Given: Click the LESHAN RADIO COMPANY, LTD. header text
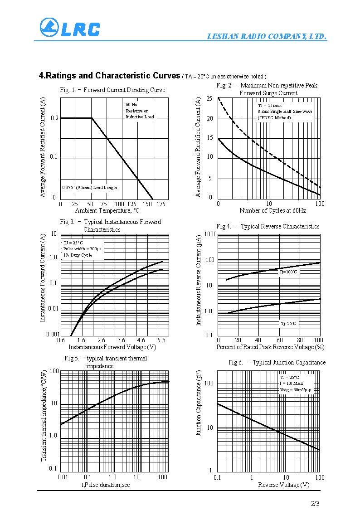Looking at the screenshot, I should point(267,37).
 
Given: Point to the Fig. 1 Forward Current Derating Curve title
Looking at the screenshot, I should point(112,90).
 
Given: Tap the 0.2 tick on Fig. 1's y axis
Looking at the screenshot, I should point(55,118).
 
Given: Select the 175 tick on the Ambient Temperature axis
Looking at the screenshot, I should point(161,204).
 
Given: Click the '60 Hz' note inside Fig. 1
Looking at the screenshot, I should point(131,105).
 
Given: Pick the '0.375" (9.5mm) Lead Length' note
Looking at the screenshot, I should point(90,187).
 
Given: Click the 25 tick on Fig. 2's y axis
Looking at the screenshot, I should point(209,98).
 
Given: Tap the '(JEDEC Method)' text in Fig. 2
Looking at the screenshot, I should point(274,117).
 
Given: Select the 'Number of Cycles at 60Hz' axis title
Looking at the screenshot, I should point(272,211).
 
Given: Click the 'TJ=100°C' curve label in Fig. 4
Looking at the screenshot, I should point(288,272).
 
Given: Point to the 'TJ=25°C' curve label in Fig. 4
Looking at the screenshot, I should point(288,323).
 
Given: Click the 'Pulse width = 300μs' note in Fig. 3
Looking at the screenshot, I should point(83,249).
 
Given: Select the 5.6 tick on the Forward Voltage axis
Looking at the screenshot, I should point(161,340).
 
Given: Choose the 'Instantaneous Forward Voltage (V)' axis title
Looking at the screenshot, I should point(112,347).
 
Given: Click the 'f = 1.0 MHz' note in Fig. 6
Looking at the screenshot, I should point(292,384).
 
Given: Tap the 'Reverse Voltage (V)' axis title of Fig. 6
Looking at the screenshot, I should point(283,485).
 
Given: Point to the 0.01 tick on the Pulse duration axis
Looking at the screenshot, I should point(63,477).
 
